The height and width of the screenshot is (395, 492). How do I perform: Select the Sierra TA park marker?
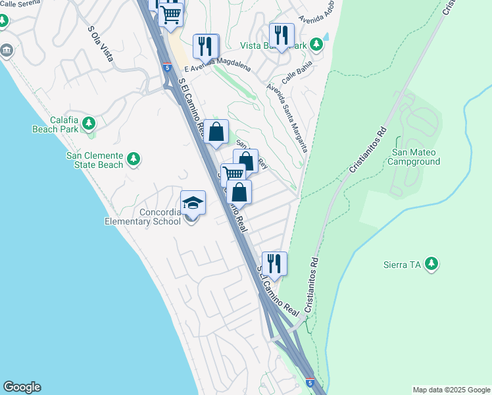coord(431,265)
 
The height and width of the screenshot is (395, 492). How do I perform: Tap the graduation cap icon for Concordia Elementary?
coord(193,203)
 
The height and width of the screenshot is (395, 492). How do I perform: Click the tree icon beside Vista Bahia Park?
coord(317,45)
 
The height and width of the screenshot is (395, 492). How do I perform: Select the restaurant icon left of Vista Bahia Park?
coord(282,36)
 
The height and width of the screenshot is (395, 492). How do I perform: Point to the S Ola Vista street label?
coord(101,43)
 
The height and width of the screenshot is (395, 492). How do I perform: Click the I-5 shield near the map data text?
coord(310,382)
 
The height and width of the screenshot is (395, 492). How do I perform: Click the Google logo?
coord(22,387)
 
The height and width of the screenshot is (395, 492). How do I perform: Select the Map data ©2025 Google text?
coord(451,390)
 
